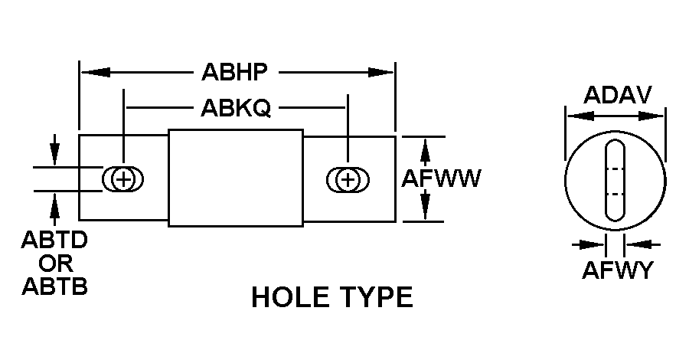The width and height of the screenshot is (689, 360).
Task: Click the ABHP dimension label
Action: click(234, 72)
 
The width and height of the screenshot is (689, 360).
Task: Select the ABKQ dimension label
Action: click(236, 108)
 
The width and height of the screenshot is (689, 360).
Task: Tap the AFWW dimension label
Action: click(442, 178)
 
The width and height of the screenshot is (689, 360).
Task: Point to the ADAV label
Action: click(617, 95)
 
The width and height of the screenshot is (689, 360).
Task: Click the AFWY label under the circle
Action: click(616, 270)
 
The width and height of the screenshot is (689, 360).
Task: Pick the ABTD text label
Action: click(54, 241)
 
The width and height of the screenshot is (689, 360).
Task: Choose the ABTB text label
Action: click(54, 286)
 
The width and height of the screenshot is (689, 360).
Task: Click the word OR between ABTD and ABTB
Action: click(55, 264)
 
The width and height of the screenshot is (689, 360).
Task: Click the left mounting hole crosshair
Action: click(123, 180)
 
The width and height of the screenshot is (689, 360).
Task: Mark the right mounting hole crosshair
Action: click(348, 180)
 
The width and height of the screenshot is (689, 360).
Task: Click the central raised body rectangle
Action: click(236, 178)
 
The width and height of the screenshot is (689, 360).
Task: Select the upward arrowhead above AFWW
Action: click(426, 146)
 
